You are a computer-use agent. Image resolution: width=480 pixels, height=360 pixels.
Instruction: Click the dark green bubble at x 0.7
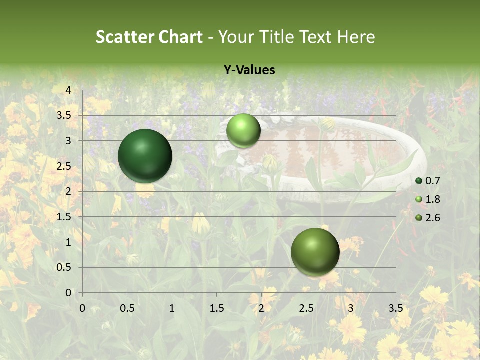[145, 156]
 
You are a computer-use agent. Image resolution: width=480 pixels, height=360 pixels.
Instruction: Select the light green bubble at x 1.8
[243, 130]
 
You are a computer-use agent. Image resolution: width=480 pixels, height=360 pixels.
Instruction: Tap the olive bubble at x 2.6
[315, 252]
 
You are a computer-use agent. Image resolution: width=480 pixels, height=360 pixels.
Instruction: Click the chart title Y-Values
[249, 70]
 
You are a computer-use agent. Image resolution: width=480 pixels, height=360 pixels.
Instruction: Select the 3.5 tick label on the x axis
[395, 308]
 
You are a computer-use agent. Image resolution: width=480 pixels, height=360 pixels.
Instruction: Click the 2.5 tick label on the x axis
[306, 308]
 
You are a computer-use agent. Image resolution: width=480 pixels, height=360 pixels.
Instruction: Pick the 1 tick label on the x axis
[172, 308]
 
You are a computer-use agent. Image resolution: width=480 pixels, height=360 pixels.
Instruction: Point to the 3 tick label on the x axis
[351, 308]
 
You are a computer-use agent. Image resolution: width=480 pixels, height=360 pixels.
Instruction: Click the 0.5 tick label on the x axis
[127, 308]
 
